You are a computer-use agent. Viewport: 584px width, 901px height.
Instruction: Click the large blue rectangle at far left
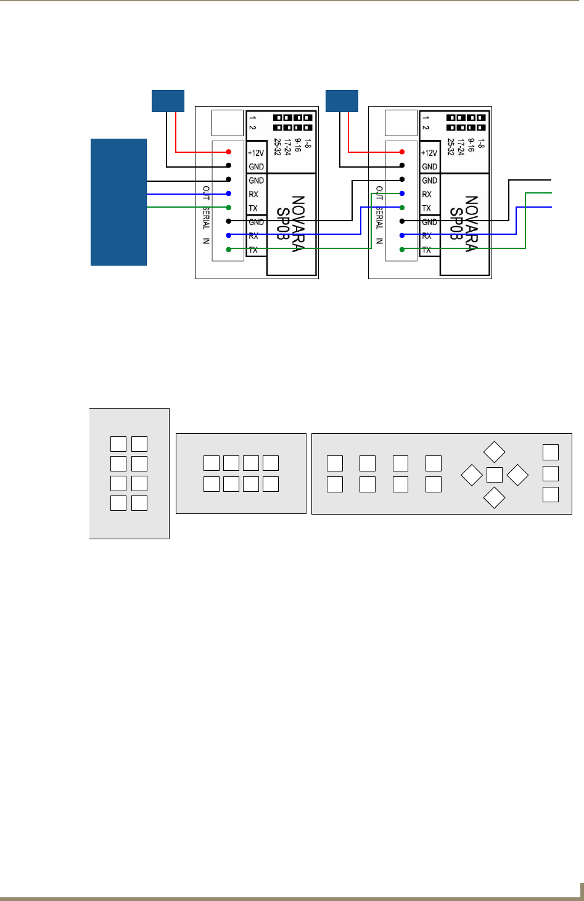coord(118,202)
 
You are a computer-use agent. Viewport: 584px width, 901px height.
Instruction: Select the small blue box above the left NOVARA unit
coord(168,100)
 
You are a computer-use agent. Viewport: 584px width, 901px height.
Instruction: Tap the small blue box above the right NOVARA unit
coord(342,100)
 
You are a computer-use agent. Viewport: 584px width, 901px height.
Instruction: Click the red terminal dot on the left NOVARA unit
coord(229,152)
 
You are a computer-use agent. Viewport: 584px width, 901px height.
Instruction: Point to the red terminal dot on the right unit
coord(402,152)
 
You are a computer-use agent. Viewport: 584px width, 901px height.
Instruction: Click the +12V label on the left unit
coord(256,153)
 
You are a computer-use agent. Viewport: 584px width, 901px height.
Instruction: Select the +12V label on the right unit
coord(429,153)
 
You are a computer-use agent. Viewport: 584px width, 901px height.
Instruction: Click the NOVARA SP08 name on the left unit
coord(291,224)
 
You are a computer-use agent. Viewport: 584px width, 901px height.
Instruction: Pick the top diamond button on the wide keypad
coord(494,452)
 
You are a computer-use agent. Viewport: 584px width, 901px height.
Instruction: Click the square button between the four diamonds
coord(494,475)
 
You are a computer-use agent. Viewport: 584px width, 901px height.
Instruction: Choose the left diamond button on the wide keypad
coord(471,475)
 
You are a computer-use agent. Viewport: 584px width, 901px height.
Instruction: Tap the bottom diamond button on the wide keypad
coord(494,498)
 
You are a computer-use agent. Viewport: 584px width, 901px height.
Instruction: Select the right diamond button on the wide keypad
coord(517,475)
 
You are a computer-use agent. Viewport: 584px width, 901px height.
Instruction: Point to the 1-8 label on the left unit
coord(308,144)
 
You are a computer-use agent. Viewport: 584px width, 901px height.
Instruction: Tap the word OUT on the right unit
coord(379,193)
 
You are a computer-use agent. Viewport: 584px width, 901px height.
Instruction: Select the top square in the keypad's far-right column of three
coord(550,452)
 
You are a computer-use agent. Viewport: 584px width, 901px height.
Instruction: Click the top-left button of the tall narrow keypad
coord(118,444)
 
